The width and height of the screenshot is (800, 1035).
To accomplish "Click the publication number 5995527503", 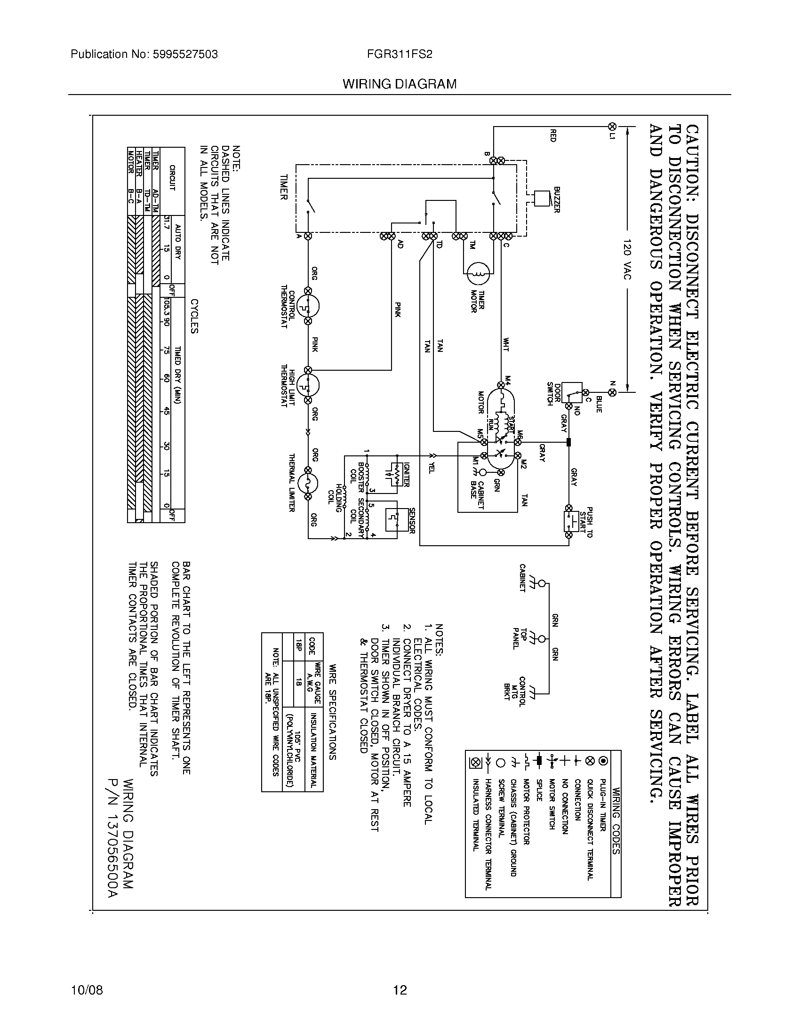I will (185, 55).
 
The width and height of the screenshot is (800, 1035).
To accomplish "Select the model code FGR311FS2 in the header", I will (400, 55).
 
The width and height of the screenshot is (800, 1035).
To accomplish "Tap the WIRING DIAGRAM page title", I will (400, 84).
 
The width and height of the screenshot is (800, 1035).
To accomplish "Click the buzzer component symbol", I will (541, 198).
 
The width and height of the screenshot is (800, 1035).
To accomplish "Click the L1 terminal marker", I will (612, 127).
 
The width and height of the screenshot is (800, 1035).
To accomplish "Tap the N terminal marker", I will (612, 392).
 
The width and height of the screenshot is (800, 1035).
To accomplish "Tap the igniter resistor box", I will (396, 474).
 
